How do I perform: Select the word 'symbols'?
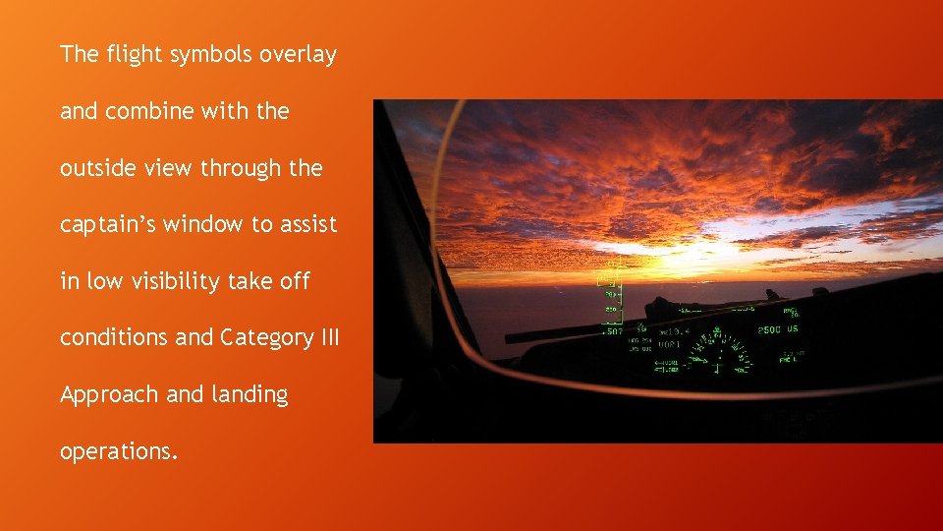(212, 54)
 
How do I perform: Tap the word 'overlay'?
(298, 54)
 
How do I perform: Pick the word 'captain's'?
(108, 224)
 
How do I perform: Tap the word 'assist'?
(306, 224)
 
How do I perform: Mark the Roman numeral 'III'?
(329, 337)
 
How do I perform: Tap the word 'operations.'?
(119, 451)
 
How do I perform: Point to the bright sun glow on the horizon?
(678, 246)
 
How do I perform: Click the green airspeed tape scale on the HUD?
(611, 295)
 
